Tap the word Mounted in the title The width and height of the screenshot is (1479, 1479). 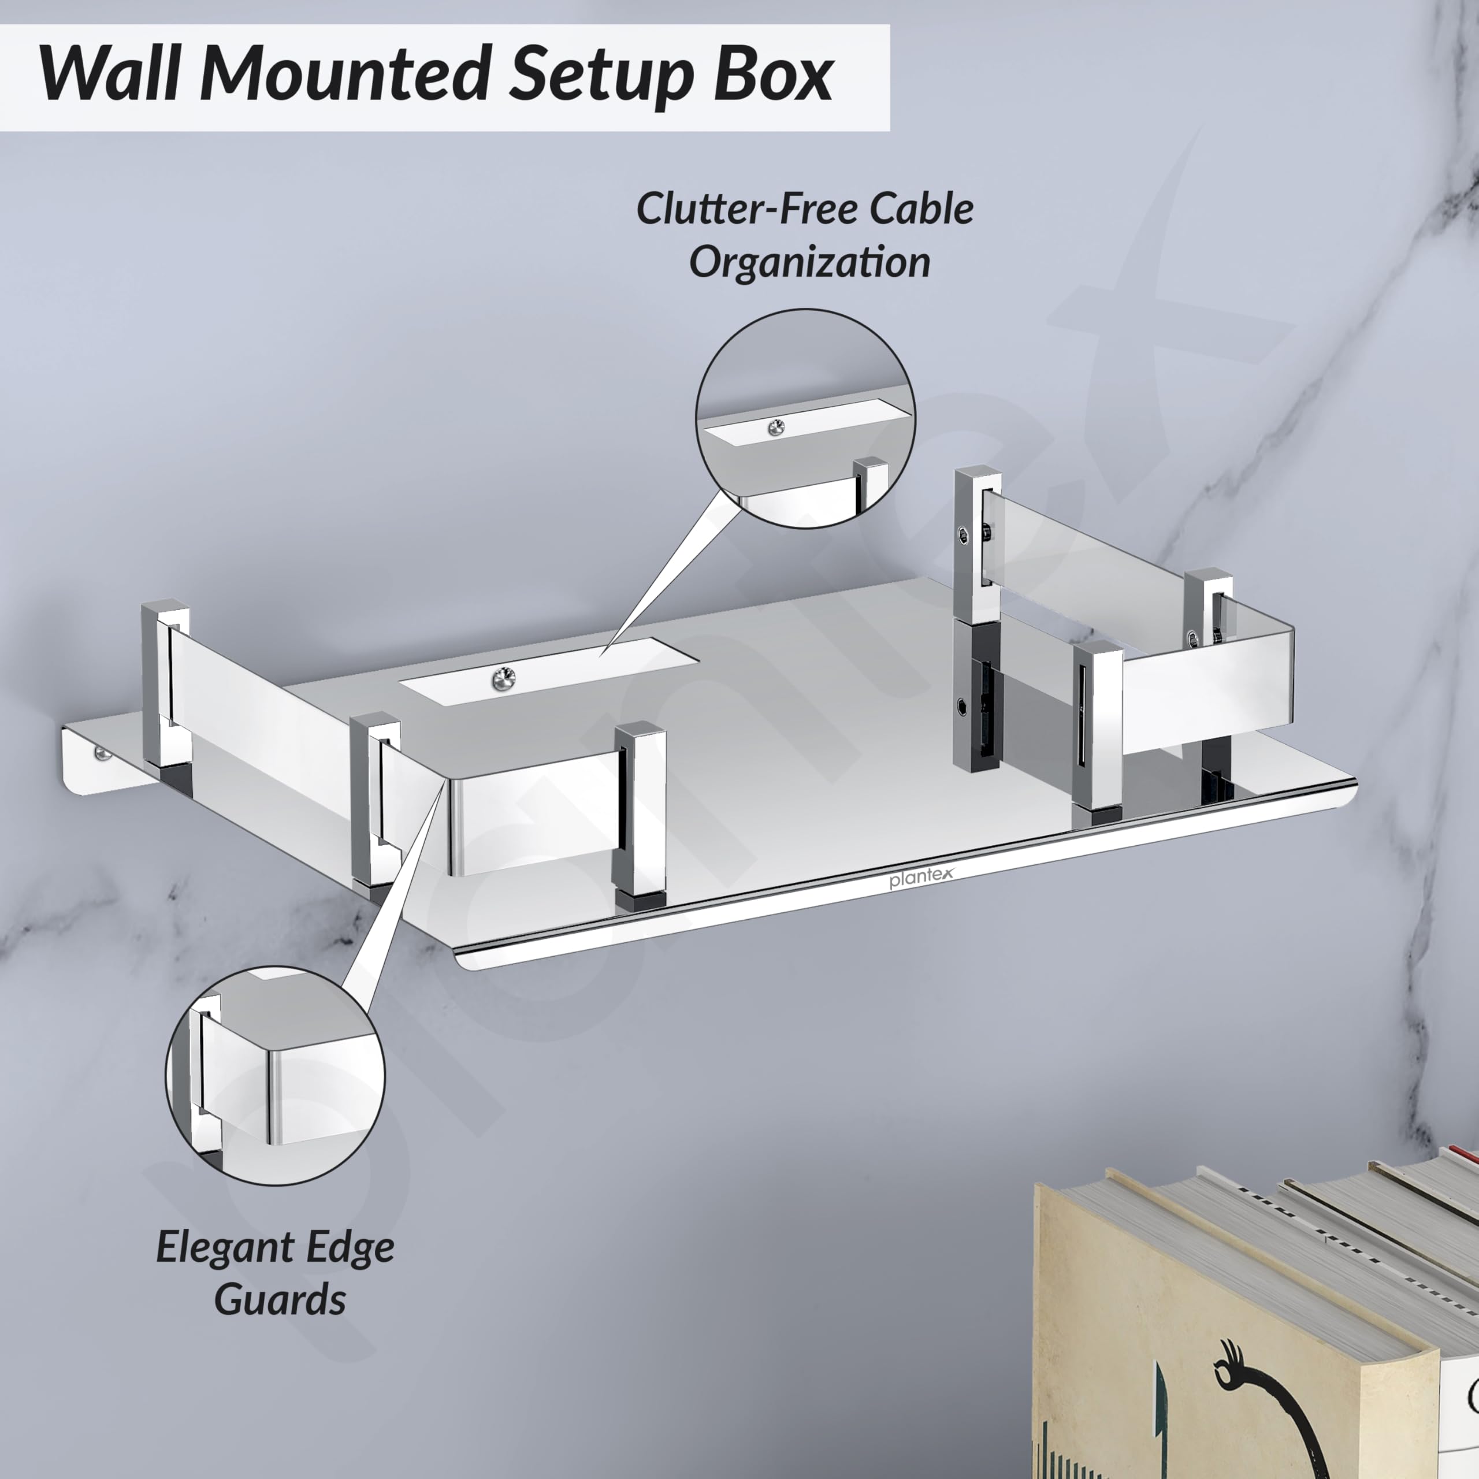tap(345, 75)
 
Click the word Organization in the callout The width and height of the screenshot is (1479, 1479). tap(810, 262)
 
